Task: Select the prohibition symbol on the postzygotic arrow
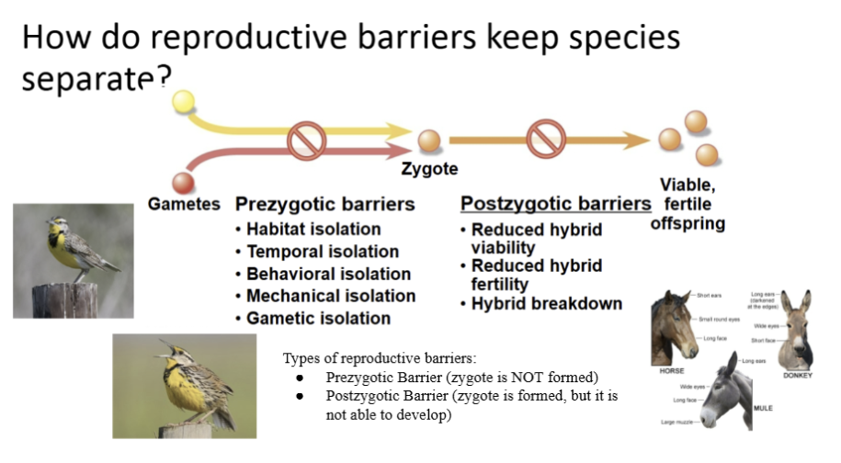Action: [544, 141]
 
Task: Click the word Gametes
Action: [184, 204]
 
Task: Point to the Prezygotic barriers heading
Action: [325, 204]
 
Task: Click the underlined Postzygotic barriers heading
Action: [555, 204]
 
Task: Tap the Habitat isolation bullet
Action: [313, 229]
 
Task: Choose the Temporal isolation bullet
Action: [322, 251]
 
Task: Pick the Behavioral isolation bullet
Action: [328, 274]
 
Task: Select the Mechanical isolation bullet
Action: [330, 296]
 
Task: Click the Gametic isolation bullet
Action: [318, 318]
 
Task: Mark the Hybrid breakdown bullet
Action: [546, 303]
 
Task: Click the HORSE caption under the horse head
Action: [671, 371]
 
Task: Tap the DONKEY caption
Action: [797, 376]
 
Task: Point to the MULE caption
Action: [763, 407]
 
